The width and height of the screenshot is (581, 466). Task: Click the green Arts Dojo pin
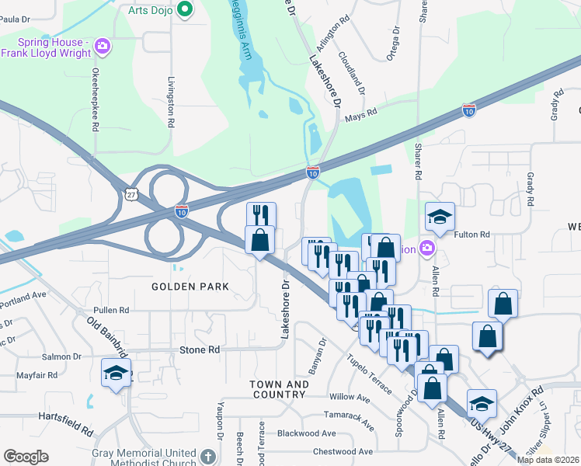click(185, 9)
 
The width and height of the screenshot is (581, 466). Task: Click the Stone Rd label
click(200, 350)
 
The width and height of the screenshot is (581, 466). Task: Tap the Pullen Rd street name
click(110, 310)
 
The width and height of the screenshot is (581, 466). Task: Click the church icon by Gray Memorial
click(207, 456)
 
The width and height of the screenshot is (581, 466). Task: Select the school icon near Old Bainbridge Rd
click(115, 374)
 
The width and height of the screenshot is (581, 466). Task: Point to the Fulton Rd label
click(472, 235)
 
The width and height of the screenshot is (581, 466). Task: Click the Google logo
click(26, 457)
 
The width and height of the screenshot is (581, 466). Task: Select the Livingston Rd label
click(172, 96)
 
